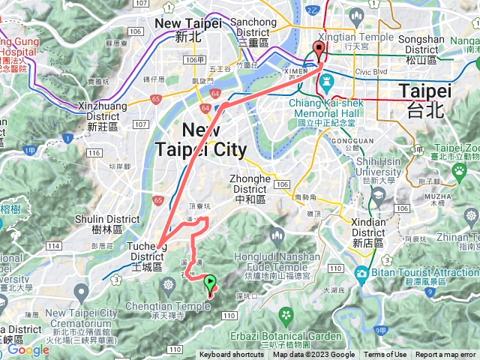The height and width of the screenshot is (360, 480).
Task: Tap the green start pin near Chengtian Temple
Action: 210,283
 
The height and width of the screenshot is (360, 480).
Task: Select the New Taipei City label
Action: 200,139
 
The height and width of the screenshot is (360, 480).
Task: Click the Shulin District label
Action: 112,224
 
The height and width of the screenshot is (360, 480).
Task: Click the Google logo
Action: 28,349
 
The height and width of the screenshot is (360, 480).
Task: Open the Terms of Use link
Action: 385,355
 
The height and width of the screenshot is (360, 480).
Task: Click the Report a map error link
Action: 445,355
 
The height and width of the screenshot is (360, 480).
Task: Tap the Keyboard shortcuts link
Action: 231,355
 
